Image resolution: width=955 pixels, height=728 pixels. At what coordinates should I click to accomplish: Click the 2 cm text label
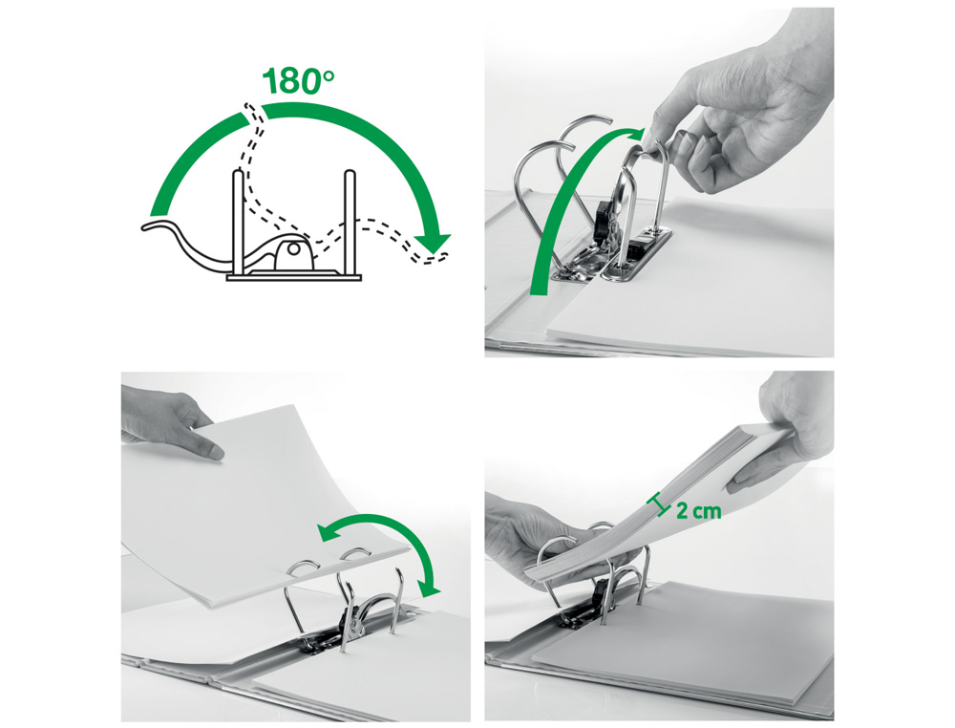(698, 510)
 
